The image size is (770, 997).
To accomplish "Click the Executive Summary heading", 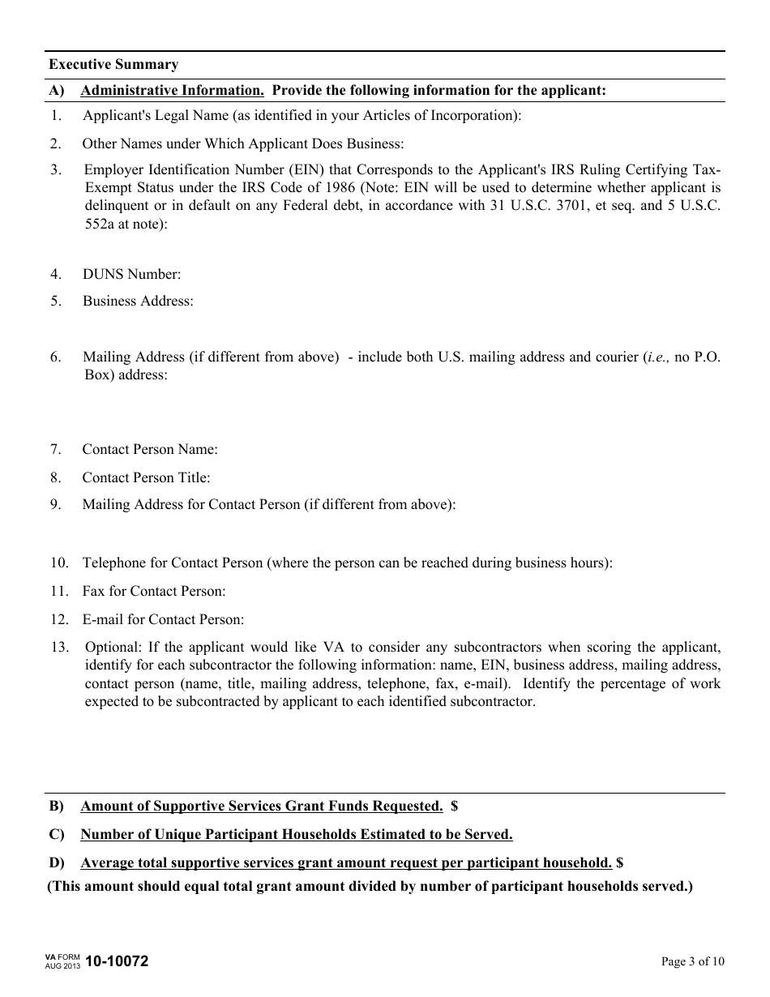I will (113, 65).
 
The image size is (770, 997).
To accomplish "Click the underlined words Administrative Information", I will (172, 90).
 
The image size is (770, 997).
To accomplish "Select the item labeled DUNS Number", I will (131, 274).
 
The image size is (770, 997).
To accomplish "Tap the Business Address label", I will (138, 301).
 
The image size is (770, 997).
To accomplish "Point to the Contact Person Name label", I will (150, 449).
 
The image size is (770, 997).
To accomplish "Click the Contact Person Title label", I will (146, 477).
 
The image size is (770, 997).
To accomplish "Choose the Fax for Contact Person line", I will (154, 591).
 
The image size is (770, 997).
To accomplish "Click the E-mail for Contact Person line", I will (162, 619).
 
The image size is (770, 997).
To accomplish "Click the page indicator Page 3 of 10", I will (693, 962).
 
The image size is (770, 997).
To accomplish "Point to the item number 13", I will (58, 647).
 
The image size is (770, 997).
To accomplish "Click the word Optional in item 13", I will (109, 647).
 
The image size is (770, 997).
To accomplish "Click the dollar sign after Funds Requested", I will (455, 806).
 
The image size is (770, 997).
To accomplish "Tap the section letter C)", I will (57, 834).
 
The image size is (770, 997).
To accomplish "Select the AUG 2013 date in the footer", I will (62, 966).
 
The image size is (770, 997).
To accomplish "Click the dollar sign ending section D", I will (619, 862).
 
